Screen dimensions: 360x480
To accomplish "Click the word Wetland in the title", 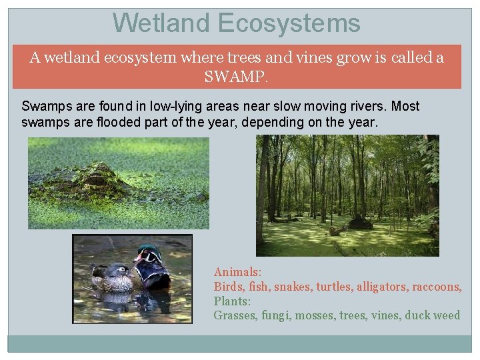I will pos(162,23).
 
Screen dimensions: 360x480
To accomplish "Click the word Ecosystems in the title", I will pos(289,23).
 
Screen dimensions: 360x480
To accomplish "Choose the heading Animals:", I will pos(237,272).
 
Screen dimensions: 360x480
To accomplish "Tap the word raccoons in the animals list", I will pos(437,287).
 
